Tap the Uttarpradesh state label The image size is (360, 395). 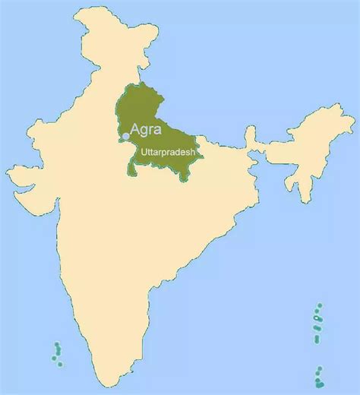(x=165, y=152)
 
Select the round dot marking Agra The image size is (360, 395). (x=125, y=136)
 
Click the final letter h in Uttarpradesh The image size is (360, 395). (x=193, y=152)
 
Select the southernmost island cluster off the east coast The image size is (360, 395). (x=320, y=374)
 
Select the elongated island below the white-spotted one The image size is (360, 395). (x=317, y=339)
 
